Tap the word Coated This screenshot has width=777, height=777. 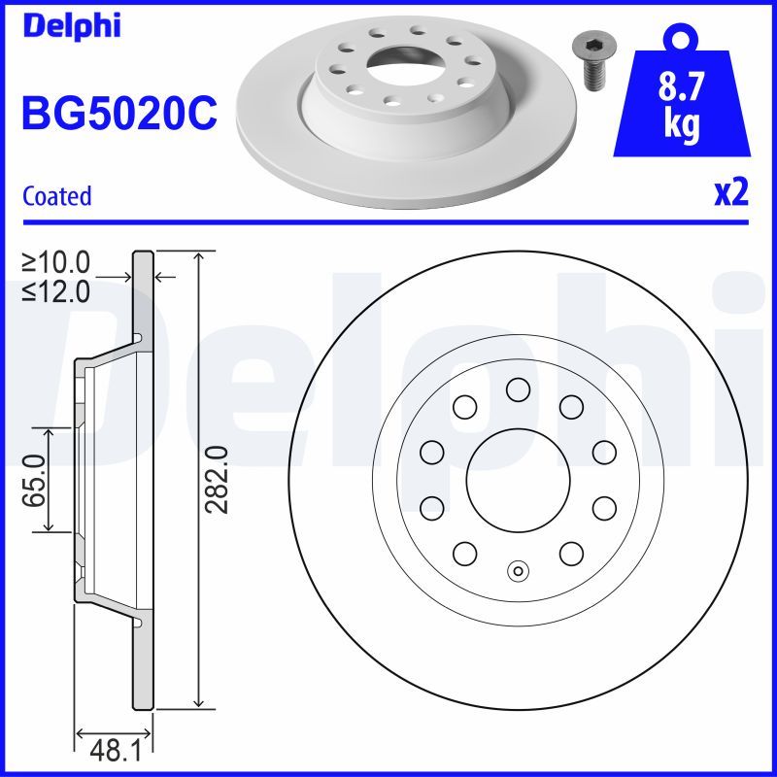[56, 196]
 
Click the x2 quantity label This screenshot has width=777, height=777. [731, 193]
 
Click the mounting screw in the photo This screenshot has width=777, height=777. [589, 60]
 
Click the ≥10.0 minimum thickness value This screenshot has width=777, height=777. [56, 261]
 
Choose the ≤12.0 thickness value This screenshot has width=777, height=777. [56, 289]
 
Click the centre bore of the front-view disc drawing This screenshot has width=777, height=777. [517, 479]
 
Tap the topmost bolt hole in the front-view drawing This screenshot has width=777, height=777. [517, 389]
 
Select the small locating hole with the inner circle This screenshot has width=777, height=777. [517, 570]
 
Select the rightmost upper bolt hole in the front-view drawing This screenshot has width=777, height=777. [604, 451]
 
